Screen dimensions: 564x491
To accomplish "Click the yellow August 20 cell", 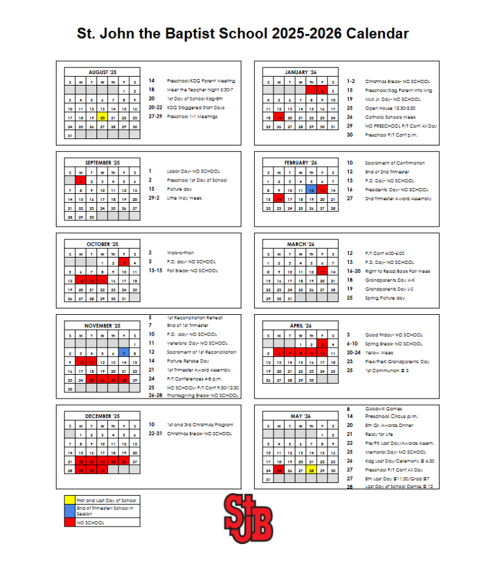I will [102, 118].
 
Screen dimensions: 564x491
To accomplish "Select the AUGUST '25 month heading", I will [102, 72].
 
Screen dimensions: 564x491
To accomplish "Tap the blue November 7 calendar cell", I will [123, 353].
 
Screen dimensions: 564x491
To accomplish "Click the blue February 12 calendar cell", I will [311, 190].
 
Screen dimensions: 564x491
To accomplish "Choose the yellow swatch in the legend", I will [69, 500].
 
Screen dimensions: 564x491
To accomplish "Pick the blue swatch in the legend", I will [69, 511].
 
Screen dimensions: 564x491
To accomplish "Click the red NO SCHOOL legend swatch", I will [69, 523].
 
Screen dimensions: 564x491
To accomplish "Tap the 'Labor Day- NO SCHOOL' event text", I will [193, 171].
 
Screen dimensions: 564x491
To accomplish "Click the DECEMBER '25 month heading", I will [102, 417].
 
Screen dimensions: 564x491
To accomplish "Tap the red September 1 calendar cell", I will [80, 182].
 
